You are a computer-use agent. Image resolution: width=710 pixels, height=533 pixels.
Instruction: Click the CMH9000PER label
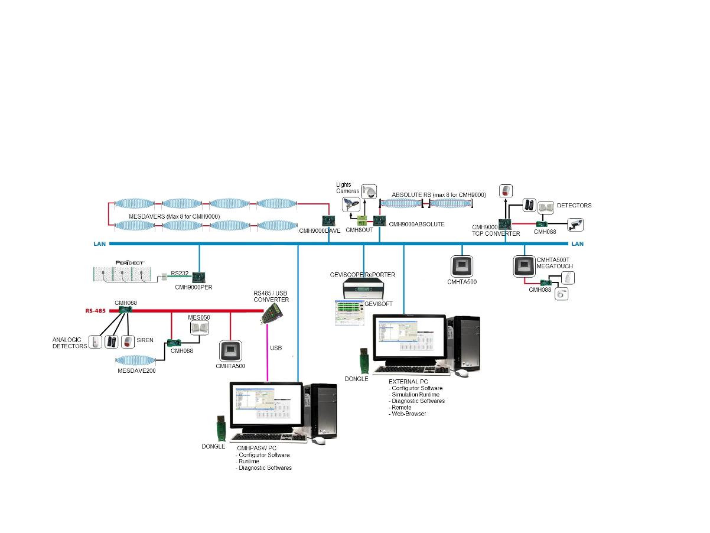[x=194, y=287]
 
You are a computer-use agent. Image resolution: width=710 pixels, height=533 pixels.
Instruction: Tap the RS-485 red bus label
[x=94, y=310]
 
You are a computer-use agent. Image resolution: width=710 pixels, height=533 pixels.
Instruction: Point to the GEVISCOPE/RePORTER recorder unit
[x=363, y=289]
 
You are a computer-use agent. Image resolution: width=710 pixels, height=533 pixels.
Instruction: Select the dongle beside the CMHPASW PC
[x=218, y=427]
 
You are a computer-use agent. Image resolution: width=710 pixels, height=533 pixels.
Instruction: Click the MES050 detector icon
[x=199, y=330]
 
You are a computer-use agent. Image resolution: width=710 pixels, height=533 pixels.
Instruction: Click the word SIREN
[x=144, y=340]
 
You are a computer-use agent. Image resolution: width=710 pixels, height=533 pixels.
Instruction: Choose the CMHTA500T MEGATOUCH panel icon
[x=523, y=266]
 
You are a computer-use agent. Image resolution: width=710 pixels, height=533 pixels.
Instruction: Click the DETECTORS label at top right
[x=574, y=206]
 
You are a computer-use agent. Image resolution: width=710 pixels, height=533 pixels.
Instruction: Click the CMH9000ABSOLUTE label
[x=416, y=225]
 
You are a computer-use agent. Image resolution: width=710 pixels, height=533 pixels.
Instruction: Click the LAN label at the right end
[x=578, y=243]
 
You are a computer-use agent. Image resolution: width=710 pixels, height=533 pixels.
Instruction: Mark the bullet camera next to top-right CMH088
[x=575, y=224]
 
